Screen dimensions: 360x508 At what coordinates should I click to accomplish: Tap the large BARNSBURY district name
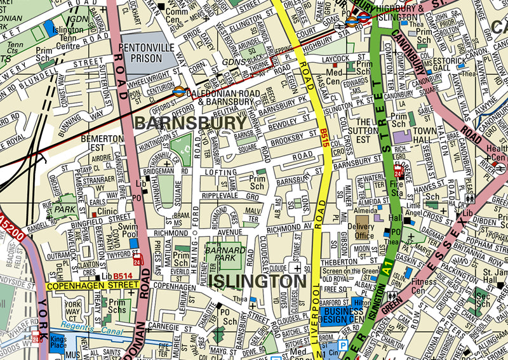[x=190, y=123]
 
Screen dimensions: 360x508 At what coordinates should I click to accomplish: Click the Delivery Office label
[x=364, y=231]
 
